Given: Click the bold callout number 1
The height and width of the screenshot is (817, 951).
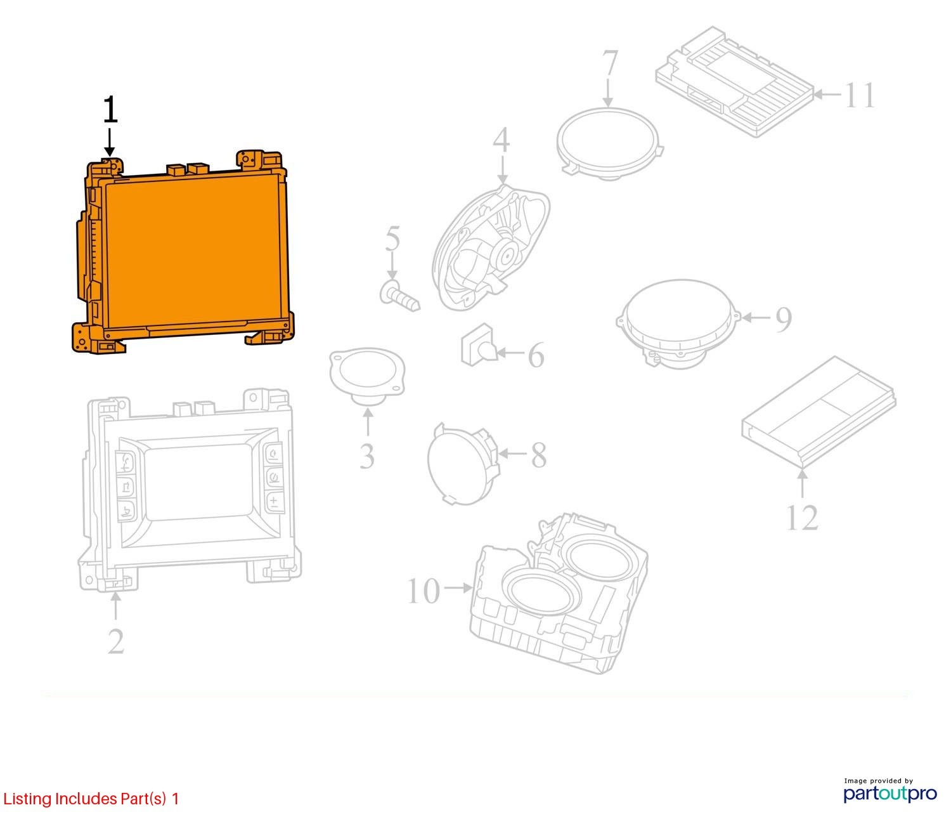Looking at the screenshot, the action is [x=110, y=110].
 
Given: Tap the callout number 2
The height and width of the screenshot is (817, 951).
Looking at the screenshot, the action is [x=116, y=641].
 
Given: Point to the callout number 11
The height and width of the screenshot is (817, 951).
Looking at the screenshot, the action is [x=860, y=96].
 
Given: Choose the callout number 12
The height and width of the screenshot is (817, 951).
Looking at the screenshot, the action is [x=803, y=518].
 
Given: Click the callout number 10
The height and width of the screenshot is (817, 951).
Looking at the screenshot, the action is [x=424, y=591].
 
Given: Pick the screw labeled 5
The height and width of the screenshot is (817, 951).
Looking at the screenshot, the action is [x=399, y=296].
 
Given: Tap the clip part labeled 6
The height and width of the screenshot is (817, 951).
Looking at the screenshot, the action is [x=479, y=345].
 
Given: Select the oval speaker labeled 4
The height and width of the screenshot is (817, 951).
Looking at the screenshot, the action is [x=491, y=249].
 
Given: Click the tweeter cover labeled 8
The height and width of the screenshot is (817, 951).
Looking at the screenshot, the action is [x=463, y=462].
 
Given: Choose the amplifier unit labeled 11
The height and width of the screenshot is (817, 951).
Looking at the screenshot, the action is [x=735, y=81].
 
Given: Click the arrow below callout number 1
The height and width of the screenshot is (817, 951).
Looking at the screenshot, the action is [x=110, y=143].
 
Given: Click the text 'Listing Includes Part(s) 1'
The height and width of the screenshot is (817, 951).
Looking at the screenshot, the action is [x=91, y=799].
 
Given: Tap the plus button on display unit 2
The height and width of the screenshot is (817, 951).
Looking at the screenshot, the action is [x=274, y=501].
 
